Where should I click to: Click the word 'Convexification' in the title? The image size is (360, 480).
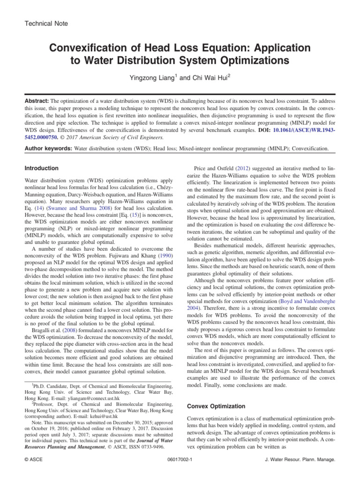coord(93,48)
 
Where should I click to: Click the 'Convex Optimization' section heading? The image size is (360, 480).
coord(216,406)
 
